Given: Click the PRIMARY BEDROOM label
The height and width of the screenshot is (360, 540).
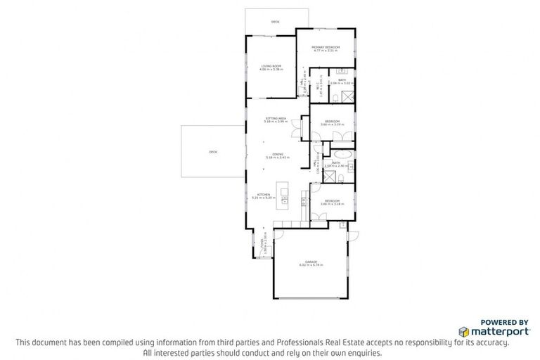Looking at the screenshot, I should tap(326, 48).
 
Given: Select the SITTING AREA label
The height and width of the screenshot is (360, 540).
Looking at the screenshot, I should tap(275, 119).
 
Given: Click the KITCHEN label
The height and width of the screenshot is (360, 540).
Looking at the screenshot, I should tap(264, 196).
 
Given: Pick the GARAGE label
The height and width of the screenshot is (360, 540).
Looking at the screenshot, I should tap(311, 263).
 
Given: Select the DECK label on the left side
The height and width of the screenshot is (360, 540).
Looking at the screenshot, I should tap(212, 152).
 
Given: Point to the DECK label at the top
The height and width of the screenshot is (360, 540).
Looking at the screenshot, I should tap(275, 22).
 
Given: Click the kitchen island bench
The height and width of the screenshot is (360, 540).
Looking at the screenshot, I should tap(285, 195).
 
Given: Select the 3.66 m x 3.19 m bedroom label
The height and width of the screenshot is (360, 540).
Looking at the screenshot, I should tap(331, 122).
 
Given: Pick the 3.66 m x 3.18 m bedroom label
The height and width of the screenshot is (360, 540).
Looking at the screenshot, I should tap(331, 202).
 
